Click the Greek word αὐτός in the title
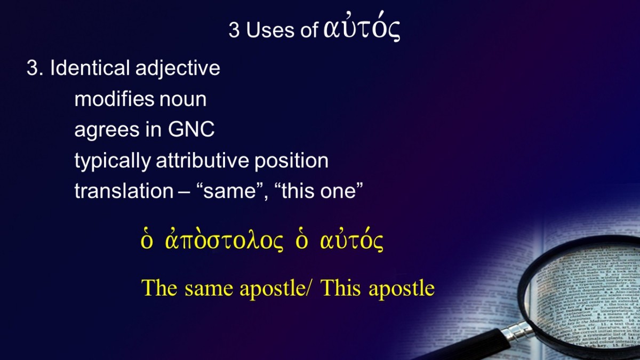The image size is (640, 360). tap(362, 27)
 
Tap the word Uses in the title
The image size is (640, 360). tap(270, 30)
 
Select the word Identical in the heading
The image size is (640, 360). tap(90, 68)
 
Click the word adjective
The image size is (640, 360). tap(178, 69)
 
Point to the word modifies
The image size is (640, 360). tap(114, 99)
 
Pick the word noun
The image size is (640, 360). tap(183, 101)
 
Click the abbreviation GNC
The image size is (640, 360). tap(191, 130)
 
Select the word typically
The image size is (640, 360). tap(113, 162)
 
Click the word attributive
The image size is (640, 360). tap(202, 160)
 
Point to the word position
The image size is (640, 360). tap(291, 162)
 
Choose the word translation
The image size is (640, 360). tap(124, 190)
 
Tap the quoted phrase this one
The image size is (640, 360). tap(318, 190)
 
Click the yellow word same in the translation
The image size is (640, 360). tap(209, 289)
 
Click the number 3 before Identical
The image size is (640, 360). tap(33, 68)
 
